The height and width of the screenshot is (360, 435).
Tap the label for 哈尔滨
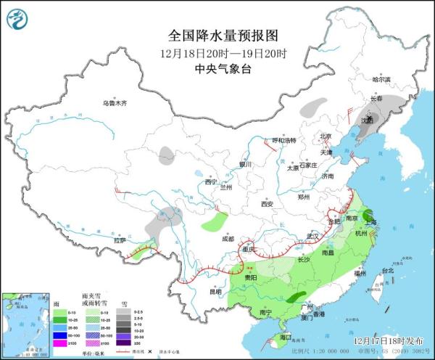[x=381, y=79]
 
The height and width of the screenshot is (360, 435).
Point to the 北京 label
[x=325, y=136]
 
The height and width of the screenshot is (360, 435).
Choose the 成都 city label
[x=228, y=238]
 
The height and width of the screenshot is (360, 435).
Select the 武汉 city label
[x=313, y=237]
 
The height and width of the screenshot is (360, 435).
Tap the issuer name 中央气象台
[x=217, y=69]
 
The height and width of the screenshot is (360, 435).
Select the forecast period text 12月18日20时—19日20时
[x=217, y=53]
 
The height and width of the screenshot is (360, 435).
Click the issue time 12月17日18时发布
[x=390, y=340]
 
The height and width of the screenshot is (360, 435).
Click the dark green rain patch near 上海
[x=370, y=213]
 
